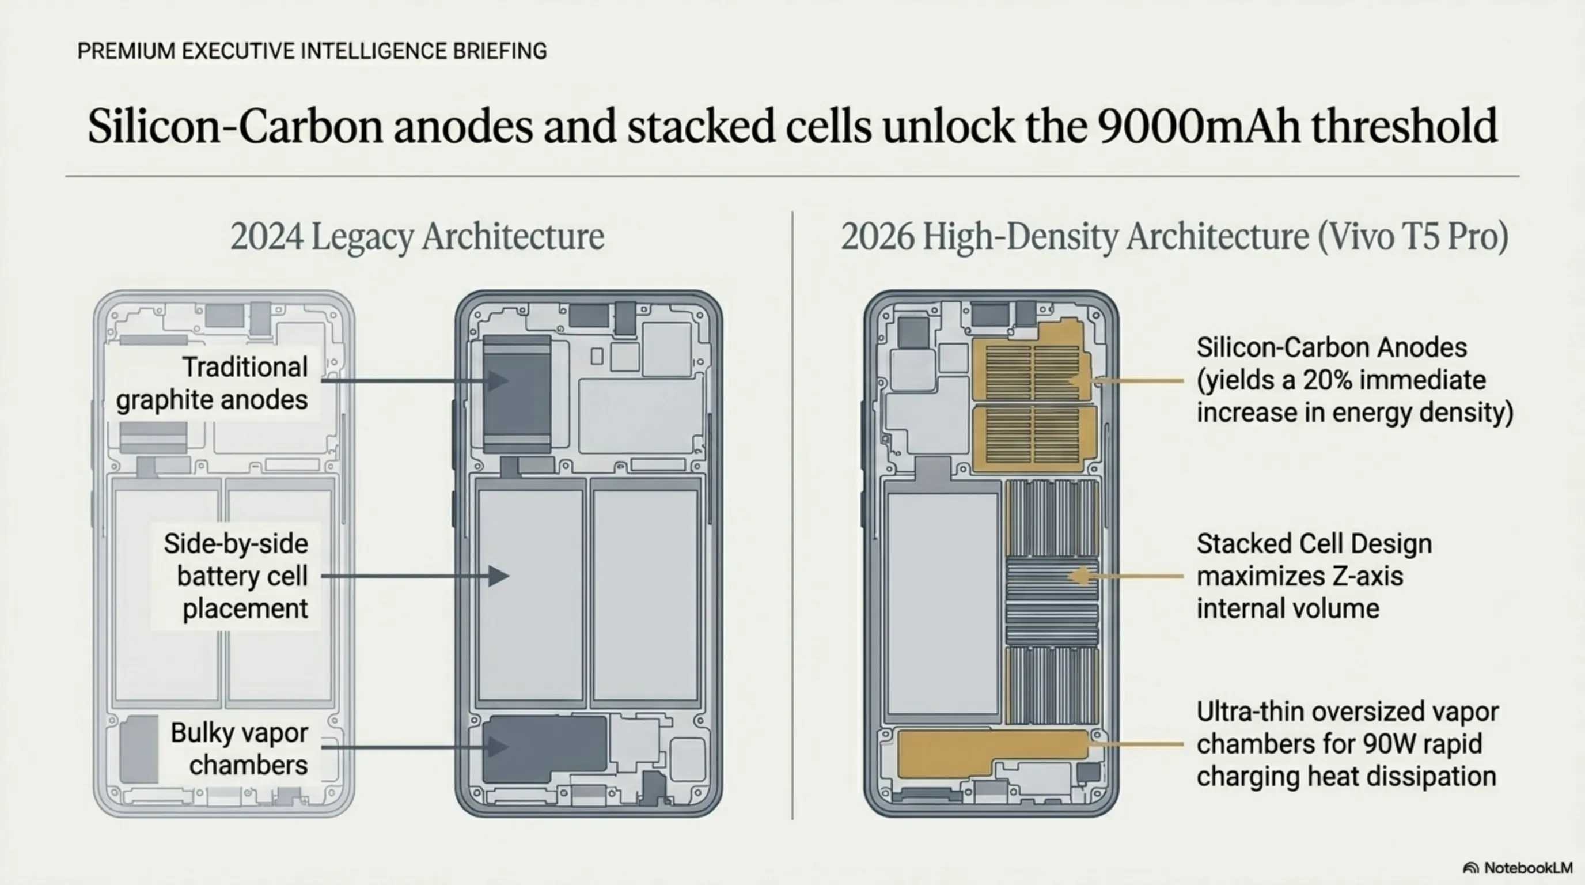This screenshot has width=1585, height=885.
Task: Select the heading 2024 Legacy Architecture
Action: [417, 237]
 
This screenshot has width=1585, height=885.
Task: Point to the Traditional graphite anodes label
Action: [213, 383]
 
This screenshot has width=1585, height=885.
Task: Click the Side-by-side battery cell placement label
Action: [236, 576]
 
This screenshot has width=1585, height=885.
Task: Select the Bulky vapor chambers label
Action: [240, 748]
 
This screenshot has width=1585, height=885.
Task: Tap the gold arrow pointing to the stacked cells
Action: [1126, 577]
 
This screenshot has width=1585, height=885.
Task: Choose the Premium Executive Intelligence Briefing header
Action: [312, 51]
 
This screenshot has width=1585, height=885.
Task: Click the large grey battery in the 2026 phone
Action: [942, 603]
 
